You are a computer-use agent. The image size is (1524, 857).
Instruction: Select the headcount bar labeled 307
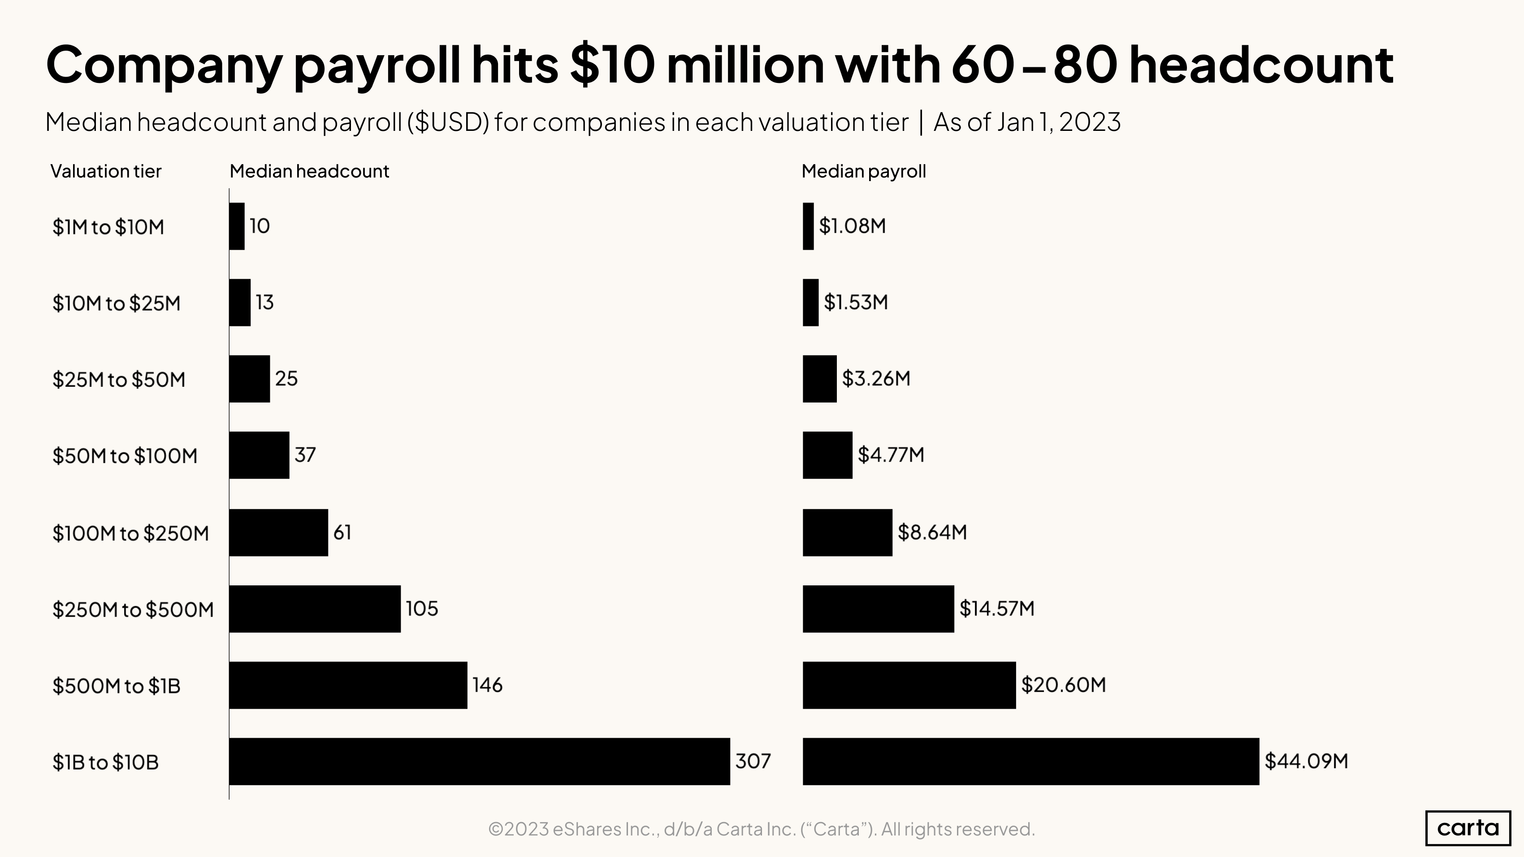coord(479,761)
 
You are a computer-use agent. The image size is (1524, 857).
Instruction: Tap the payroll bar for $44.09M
coord(1030,761)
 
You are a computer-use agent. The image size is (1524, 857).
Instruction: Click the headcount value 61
coord(342,532)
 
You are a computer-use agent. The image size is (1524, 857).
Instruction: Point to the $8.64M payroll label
coord(932,532)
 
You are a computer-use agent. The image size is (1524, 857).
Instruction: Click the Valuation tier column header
coord(105,172)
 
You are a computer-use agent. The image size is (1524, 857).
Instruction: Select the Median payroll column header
coord(863,172)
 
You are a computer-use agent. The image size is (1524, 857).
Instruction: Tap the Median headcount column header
coord(309,172)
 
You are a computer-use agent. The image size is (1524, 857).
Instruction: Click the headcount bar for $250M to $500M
coord(315,609)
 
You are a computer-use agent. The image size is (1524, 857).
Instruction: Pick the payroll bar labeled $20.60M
coord(909,685)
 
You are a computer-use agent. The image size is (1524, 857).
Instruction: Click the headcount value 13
coord(264,302)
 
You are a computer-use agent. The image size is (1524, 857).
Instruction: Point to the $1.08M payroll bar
coord(808,226)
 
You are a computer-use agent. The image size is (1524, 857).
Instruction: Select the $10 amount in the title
coord(612,65)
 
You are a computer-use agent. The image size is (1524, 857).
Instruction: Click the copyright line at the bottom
coord(762,829)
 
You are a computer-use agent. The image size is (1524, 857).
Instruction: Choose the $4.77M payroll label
coord(890,455)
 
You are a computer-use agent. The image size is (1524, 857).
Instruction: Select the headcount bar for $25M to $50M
coord(249,378)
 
